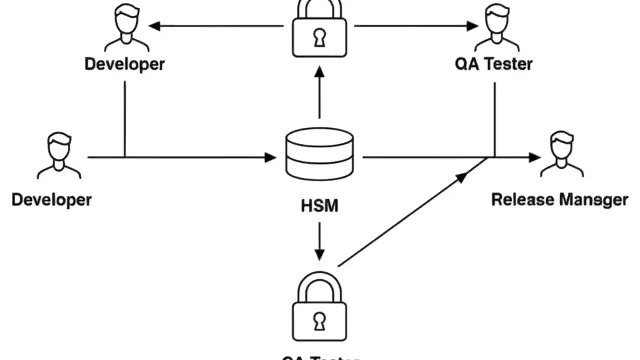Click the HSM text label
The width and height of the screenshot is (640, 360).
pos(319,205)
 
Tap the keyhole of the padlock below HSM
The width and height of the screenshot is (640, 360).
pos(319,321)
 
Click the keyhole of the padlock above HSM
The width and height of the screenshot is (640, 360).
pos(319,38)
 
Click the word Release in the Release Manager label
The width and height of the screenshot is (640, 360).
pos(523,200)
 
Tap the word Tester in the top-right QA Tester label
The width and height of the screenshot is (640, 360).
pos(508,64)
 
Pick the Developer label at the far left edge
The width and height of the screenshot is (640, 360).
pos(52,200)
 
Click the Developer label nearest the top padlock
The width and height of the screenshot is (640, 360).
pos(124,64)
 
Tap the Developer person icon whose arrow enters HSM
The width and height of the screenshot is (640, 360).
pos(59,155)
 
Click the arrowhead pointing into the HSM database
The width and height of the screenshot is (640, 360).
pos(270,157)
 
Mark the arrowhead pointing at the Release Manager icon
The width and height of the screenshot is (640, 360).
pos(535,157)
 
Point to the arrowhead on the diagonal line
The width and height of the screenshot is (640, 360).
pos(462,176)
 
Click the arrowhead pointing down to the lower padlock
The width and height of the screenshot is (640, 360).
pos(319,254)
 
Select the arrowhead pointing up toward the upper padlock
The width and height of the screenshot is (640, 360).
pos(319,72)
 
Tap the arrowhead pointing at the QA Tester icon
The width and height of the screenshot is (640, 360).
pos(472,26)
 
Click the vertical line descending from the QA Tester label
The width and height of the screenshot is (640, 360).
pos(495,120)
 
